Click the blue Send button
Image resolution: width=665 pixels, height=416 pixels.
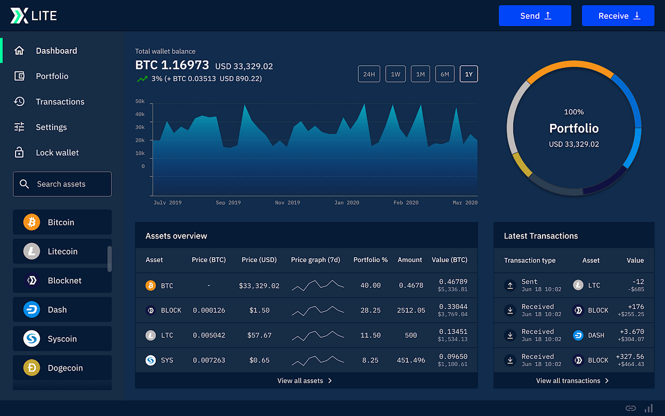click(x=535, y=16)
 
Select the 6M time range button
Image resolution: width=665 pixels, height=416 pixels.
click(x=445, y=74)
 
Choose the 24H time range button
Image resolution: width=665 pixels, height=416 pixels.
click(x=369, y=74)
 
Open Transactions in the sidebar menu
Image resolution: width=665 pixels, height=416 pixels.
click(x=60, y=102)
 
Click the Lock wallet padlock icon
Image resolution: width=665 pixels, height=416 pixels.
click(x=19, y=153)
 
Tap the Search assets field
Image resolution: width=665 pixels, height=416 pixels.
click(x=62, y=184)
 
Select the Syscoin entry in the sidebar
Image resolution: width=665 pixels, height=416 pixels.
click(x=62, y=339)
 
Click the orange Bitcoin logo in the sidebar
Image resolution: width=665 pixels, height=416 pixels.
click(x=32, y=222)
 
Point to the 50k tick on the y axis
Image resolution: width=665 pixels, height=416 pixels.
click(x=139, y=102)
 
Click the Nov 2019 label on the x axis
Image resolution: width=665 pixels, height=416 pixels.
click(x=287, y=203)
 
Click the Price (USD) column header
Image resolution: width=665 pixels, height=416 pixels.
click(x=259, y=260)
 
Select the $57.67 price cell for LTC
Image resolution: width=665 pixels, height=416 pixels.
click(x=259, y=336)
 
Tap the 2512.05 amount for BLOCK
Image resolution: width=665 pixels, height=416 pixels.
click(x=411, y=311)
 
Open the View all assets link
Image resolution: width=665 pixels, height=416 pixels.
click(x=305, y=381)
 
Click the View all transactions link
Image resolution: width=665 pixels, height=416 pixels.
click(x=572, y=381)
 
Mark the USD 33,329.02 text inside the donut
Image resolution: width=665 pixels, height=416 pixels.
click(x=574, y=144)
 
